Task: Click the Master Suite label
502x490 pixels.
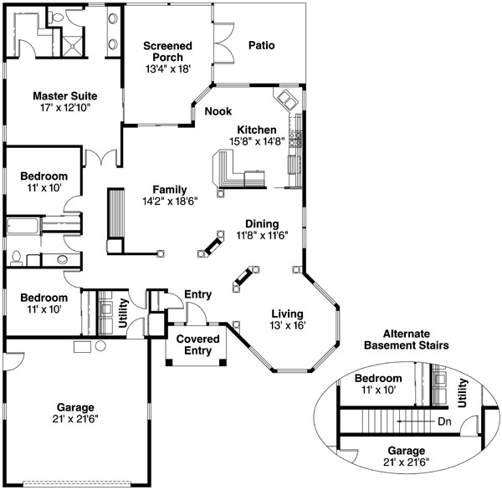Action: [65, 96]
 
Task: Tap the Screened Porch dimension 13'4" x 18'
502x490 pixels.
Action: [168, 69]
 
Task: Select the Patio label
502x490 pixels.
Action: [262, 45]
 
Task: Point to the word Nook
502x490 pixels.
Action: [218, 111]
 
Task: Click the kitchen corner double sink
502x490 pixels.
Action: [286, 100]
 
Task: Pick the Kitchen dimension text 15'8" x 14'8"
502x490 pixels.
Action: [257, 141]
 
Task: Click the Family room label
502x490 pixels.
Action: [170, 190]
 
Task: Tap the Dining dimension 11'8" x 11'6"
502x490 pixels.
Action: [262, 236]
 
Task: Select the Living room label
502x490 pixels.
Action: [287, 314]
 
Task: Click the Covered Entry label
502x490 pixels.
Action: [197, 345]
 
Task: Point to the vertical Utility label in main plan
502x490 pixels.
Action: [123, 313]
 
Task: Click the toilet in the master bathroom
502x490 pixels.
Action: [57, 18]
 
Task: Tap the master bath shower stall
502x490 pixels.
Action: [73, 46]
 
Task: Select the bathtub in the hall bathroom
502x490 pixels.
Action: [23, 227]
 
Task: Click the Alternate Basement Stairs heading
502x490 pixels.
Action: [407, 339]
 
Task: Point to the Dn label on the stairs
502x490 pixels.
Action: [445, 421]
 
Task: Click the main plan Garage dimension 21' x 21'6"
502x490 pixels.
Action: [75, 419]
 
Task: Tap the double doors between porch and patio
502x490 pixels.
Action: [223, 43]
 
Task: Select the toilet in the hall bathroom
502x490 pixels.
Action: [16, 258]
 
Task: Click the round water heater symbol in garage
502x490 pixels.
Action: [100, 345]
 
